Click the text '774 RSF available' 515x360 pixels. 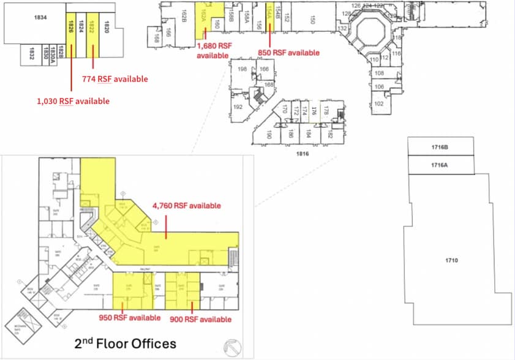click(115, 79)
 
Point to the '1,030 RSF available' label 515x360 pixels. click(73, 101)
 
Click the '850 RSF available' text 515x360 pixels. click(288, 53)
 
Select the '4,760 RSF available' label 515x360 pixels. click(188, 206)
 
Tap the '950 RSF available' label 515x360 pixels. click(129, 318)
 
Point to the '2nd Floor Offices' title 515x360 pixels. click(125, 343)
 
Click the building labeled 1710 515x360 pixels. click(453, 261)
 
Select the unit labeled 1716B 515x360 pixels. click(440, 148)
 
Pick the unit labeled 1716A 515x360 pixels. click(440, 165)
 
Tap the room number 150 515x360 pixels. click(312, 21)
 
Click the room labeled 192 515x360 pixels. click(238, 107)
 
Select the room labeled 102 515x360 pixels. click(378, 103)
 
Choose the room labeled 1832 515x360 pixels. click(28, 54)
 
